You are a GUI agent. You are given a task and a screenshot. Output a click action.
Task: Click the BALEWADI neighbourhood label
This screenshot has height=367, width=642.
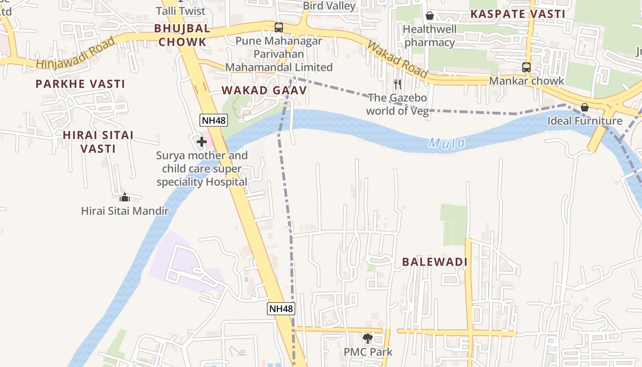click(x=435, y=262)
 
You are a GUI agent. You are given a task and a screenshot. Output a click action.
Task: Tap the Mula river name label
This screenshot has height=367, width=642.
click(x=447, y=144)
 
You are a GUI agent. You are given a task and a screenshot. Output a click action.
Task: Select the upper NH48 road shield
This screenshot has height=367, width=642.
click(x=214, y=120)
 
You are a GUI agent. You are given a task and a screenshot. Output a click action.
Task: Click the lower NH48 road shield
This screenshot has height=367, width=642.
click(x=281, y=309)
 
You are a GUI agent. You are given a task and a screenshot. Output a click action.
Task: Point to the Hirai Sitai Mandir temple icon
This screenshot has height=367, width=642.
click(x=125, y=198)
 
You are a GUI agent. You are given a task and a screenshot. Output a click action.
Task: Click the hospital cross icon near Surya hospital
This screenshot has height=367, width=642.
click(x=201, y=142)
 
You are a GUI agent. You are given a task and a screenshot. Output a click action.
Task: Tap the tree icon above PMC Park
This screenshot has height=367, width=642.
click(x=367, y=339)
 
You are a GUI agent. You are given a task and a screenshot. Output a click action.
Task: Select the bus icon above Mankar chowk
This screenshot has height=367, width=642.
click(x=526, y=67)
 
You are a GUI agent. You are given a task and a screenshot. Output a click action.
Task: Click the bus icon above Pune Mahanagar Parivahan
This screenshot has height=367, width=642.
click(x=279, y=28)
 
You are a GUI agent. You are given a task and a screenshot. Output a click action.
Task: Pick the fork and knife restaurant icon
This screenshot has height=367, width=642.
click(x=398, y=84)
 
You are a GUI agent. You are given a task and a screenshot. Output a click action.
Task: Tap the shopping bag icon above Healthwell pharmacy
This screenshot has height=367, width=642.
click(x=430, y=16)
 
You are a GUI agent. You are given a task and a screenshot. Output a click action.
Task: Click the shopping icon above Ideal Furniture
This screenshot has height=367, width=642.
click(x=585, y=108)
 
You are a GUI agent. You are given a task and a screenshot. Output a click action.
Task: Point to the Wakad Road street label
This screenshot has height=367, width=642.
click(x=397, y=59)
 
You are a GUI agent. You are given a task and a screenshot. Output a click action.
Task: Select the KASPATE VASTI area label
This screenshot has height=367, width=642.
click(x=518, y=14)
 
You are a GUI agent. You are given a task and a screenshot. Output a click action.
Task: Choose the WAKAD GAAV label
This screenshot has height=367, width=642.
click(x=264, y=90)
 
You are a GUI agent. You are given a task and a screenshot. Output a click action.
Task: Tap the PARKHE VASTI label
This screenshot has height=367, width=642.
click(x=80, y=84)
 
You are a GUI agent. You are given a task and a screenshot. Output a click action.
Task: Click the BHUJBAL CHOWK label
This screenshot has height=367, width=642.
click(x=182, y=35)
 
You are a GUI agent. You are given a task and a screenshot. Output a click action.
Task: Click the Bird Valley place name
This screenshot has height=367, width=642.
click(x=329, y=6)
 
